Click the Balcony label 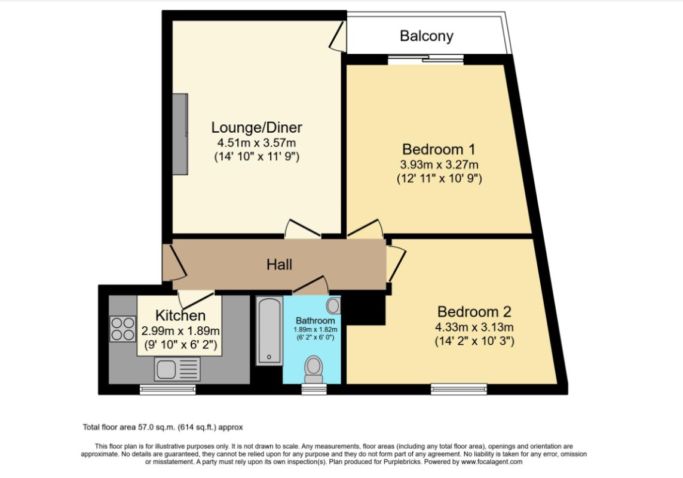pos(426,36)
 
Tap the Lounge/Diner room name pos(256,127)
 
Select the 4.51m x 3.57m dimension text pos(256,143)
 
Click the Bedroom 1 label pos(439,149)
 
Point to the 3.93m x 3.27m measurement pos(439,164)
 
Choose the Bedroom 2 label pos(474,311)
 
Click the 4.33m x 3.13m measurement pos(475,327)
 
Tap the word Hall pos(279,264)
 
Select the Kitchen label pos(180,315)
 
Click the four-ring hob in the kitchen pos(122,328)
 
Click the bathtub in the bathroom pos(269,331)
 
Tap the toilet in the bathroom pos(314,369)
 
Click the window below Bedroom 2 pos(459,389)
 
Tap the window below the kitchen pos(167,389)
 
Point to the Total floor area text pos(163,427)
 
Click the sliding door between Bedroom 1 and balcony pos(425,59)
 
